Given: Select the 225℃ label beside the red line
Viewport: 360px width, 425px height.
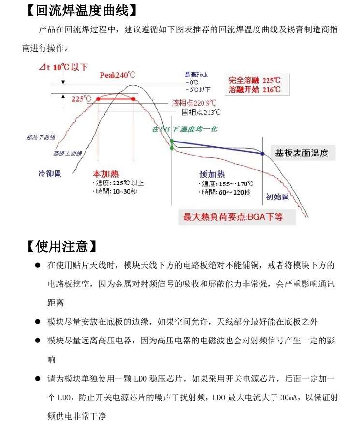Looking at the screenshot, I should (x=81, y=99).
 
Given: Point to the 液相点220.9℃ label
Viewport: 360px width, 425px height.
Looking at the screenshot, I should (x=194, y=103).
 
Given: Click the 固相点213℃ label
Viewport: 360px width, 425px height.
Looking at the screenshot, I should (x=202, y=113).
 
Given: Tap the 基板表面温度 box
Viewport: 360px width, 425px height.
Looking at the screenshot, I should (x=302, y=153).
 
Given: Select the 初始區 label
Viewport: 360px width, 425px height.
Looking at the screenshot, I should (x=277, y=197).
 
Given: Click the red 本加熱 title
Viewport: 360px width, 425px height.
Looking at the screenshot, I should (x=105, y=174).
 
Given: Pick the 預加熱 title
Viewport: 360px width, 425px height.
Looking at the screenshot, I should (x=212, y=174).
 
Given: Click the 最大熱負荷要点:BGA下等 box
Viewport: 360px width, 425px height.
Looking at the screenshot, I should (x=233, y=217).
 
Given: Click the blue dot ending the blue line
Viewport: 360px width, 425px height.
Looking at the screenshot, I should (x=262, y=153).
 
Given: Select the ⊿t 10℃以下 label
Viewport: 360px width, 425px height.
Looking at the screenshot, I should (x=63, y=67).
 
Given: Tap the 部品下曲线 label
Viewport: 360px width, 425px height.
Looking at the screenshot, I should (x=41, y=137).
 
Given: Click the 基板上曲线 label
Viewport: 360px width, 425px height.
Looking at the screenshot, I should (x=67, y=153).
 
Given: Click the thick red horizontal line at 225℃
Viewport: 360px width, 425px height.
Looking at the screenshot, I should (x=115, y=99).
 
